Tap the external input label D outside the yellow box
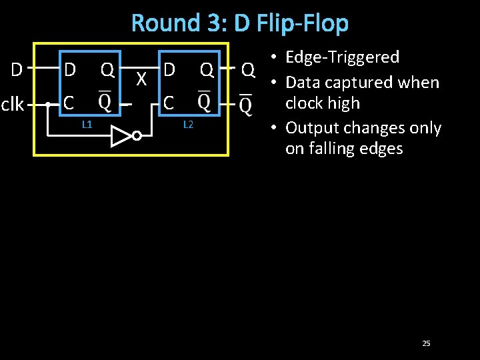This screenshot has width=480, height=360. click(18, 69)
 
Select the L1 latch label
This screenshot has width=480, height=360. click(87, 124)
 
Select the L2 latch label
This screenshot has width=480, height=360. click(188, 124)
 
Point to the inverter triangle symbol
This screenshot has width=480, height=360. click(121, 136)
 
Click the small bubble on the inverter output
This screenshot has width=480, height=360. click(136, 136)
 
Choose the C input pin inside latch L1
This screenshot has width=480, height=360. click(68, 103)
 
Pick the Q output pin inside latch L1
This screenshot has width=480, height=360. click(107, 69)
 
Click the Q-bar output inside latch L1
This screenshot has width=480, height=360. click(105, 102)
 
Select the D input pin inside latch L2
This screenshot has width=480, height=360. click(169, 69)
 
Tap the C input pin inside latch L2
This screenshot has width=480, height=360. click(169, 103)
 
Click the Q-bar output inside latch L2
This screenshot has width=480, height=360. click(205, 102)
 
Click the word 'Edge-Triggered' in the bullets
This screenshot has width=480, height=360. click(342, 57)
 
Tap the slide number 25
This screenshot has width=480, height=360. click(426, 343)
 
